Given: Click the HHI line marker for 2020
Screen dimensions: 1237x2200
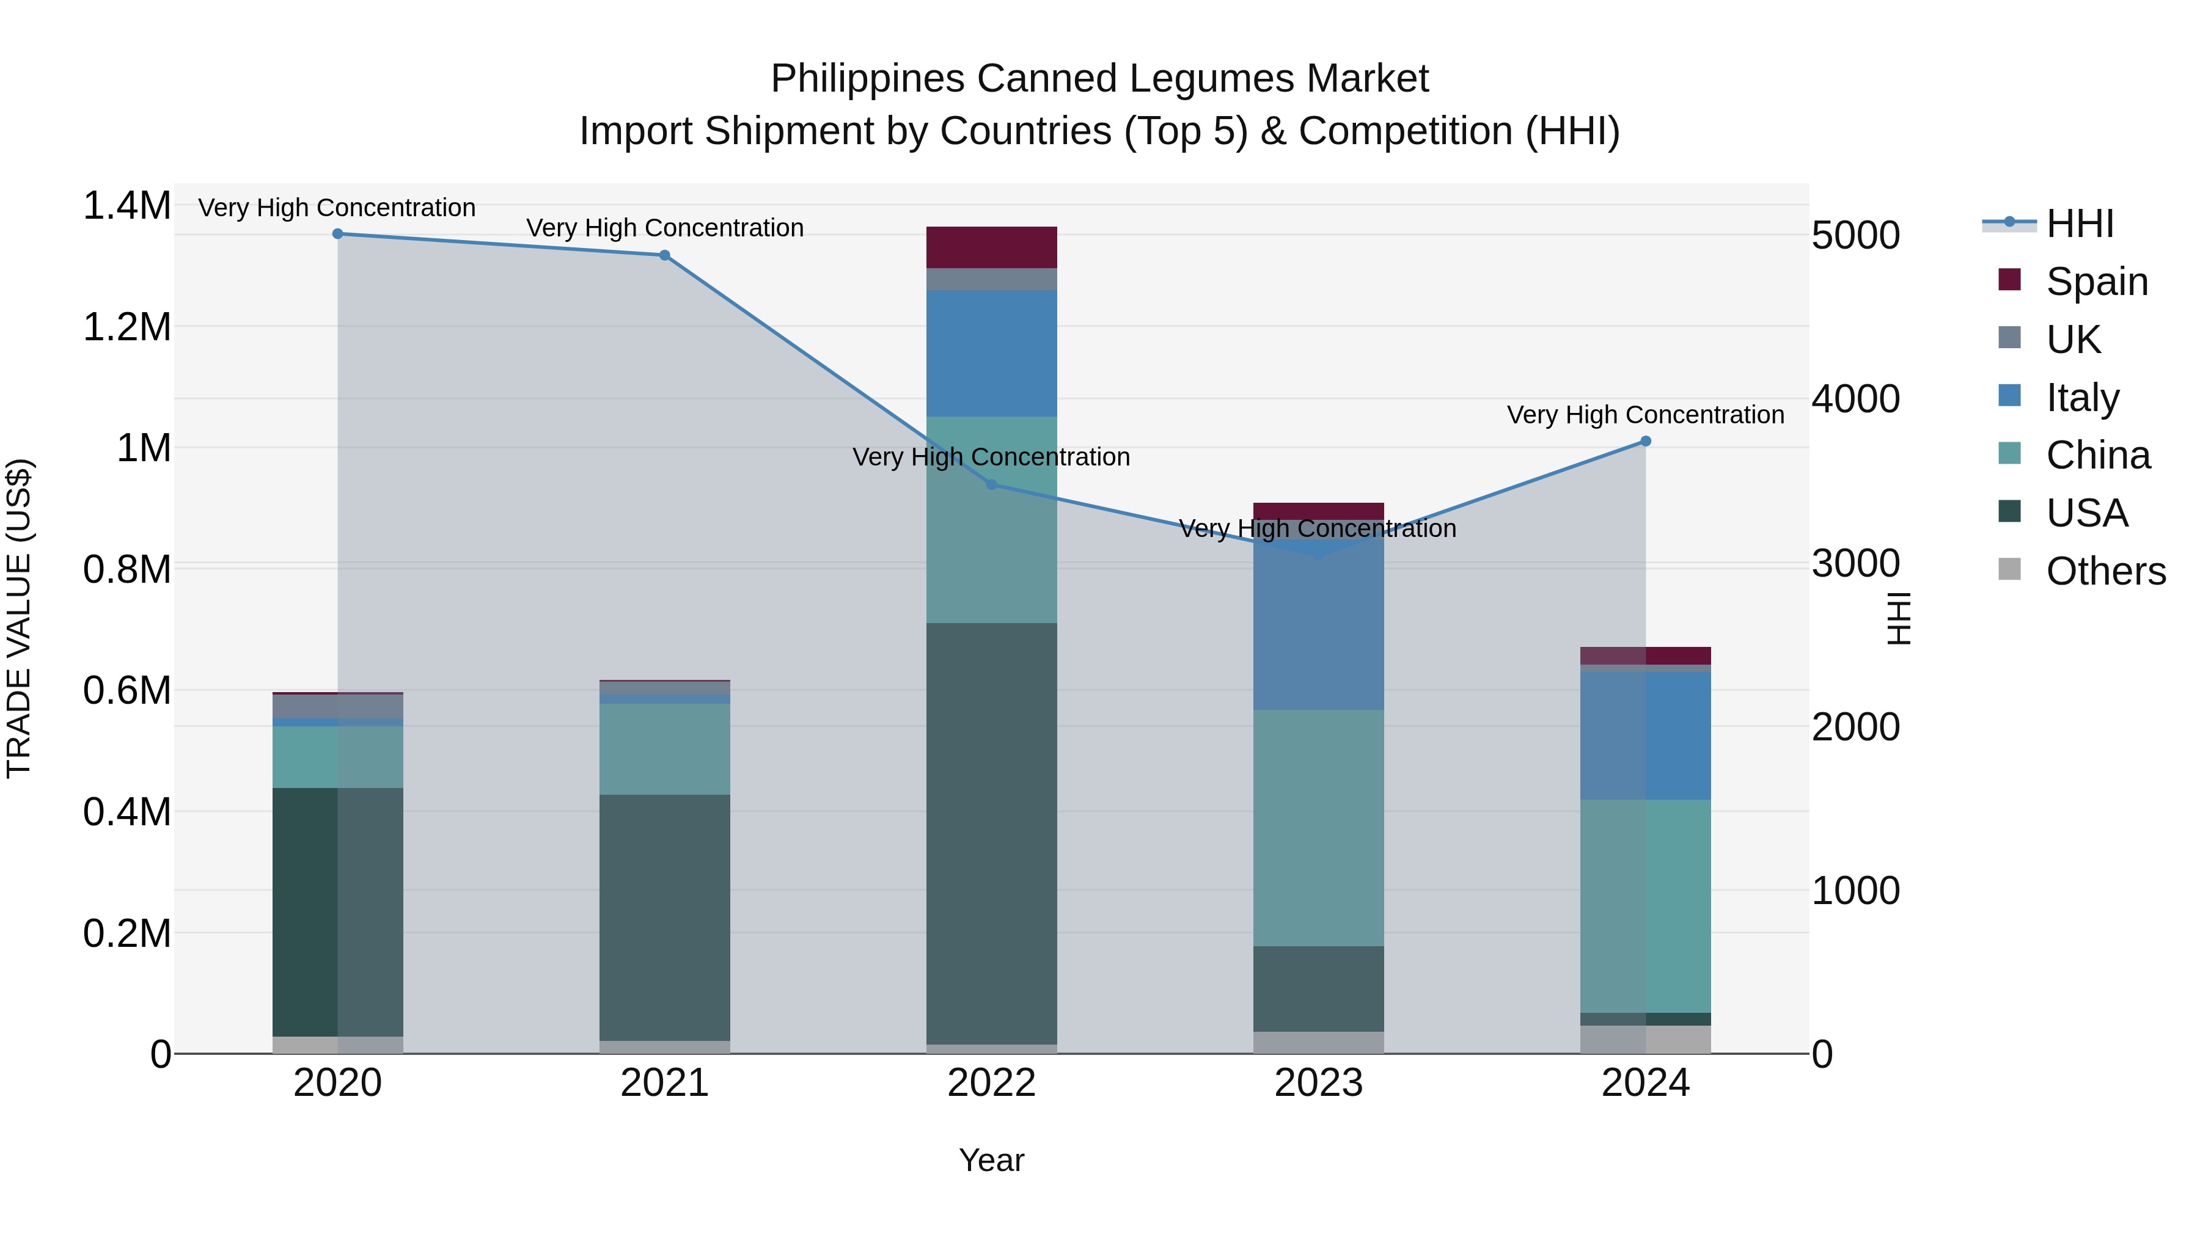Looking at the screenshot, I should [x=337, y=234].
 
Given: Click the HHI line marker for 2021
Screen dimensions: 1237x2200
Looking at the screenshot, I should [x=664, y=255].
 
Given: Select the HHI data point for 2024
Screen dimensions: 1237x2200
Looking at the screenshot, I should [x=1646, y=442].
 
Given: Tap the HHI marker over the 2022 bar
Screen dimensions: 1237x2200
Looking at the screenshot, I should [x=992, y=485].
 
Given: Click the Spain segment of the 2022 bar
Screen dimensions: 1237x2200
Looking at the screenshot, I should [x=992, y=247].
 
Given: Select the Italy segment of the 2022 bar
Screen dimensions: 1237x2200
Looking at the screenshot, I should [x=992, y=354].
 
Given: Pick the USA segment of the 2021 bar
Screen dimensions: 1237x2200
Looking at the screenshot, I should [x=664, y=918].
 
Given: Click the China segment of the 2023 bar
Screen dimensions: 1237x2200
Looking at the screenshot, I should [x=1319, y=828].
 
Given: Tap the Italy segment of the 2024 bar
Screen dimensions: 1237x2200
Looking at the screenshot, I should [x=1646, y=736].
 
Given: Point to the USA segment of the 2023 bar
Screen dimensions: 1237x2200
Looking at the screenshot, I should [x=1319, y=988].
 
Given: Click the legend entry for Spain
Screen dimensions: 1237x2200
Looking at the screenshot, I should [x=2096, y=282].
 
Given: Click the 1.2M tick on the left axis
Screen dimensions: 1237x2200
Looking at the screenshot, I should [x=127, y=327].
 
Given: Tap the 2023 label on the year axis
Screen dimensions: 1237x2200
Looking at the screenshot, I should [x=1319, y=1083].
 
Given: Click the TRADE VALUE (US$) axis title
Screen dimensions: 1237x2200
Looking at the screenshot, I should [x=19, y=618].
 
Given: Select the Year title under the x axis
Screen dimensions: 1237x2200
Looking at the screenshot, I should [x=992, y=1160].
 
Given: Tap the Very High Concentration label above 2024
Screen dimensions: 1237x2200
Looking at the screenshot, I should [x=1645, y=415].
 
